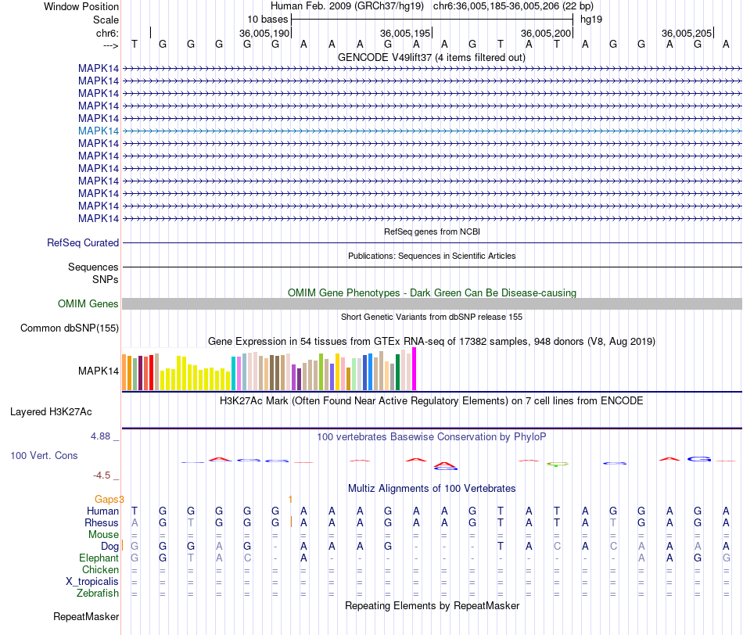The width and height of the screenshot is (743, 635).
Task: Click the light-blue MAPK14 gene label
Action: coord(99,131)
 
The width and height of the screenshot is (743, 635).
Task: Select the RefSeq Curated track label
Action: coord(83,243)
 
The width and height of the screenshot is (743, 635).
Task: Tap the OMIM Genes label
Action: coord(88,304)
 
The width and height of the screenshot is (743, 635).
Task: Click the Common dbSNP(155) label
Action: coord(70,328)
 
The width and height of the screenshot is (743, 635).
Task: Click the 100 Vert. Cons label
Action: coord(44,455)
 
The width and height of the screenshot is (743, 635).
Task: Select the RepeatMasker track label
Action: coord(86,617)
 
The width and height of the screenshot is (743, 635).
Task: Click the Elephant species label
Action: coord(99,558)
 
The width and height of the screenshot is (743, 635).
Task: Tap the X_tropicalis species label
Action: coord(92,582)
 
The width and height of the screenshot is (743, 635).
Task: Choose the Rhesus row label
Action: coord(102,522)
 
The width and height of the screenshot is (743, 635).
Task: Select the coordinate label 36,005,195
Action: coord(404,34)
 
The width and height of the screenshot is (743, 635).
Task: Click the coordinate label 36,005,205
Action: coord(686,34)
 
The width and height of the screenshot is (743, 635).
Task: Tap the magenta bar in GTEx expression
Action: coord(415,368)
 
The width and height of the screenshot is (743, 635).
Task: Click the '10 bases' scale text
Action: coord(267,19)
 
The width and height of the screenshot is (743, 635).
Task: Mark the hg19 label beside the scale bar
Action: coord(590,19)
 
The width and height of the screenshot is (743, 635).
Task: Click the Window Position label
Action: coord(81,6)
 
